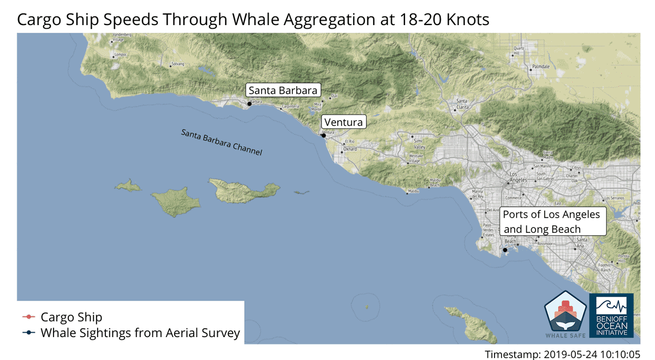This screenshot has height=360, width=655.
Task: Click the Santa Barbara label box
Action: pos(283,91)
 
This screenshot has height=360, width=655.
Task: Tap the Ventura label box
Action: pos(343,122)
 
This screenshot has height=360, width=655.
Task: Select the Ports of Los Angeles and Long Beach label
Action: pos(551,222)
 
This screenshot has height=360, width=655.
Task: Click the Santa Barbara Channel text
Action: pos(222,143)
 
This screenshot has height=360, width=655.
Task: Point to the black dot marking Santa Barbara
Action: pos(249,104)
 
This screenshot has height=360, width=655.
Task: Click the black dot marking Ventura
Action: pos(324,135)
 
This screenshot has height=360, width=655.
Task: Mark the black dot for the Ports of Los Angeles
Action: pos(505,250)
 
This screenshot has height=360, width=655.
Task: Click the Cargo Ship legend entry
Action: pos(71,317)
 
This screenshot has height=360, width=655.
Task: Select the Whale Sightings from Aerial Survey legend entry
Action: pos(140,333)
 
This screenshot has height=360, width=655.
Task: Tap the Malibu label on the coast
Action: pos(413,191)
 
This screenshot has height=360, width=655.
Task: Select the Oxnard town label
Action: pos(349,149)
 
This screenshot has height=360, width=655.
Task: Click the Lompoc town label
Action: pos(120,55)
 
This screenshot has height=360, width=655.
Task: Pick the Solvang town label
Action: pos(178,64)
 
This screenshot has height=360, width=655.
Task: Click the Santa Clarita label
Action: pos(462,104)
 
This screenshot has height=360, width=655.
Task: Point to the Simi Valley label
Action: pos(419,145)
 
